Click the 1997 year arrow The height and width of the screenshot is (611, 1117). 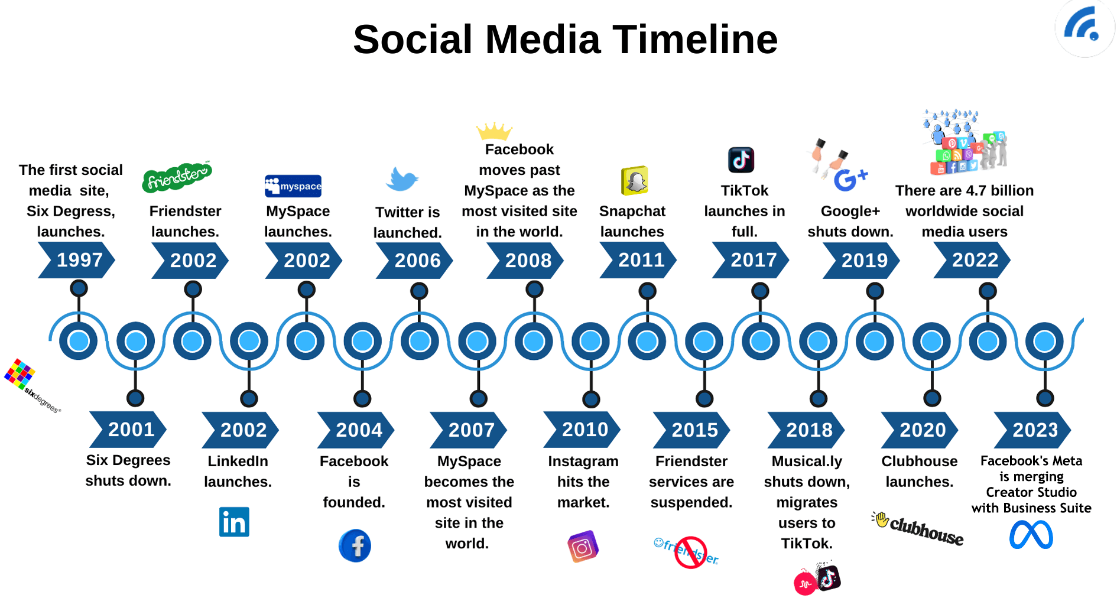(77, 261)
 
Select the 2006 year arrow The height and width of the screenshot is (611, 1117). (415, 261)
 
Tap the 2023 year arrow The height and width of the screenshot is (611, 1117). (1033, 430)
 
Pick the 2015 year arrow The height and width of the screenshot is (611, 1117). (693, 430)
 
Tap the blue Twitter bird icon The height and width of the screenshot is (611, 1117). (402, 179)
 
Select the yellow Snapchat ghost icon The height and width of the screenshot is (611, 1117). (635, 181)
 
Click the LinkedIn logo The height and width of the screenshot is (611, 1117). (234, 522)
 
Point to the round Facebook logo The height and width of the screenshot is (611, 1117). (355, 545)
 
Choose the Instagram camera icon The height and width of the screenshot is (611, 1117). (583, 547)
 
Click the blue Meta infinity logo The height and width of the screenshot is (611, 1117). (1031, 535)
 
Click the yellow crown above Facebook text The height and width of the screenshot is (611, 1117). (493, 131)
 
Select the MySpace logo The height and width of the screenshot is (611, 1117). (293, 186)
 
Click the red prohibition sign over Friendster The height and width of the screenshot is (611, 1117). (691, 552)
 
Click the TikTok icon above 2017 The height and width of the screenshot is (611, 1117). (741, 160)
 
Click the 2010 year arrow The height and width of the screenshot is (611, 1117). (583, 430)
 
